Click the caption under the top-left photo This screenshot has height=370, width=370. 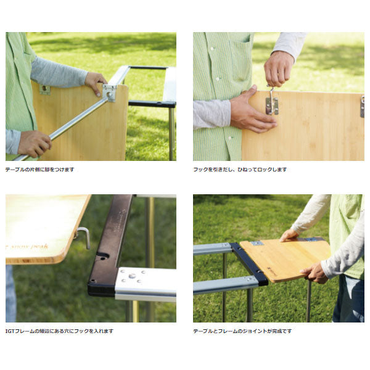[39, 170]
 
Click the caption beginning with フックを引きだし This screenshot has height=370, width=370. [240, 170]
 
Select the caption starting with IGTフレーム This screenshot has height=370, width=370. [59, 331]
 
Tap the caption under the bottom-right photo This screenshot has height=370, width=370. [242, 331]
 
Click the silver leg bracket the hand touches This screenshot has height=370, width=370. [110, 93]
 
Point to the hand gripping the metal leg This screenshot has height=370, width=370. [35, 144]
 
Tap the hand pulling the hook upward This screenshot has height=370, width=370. [279, 69]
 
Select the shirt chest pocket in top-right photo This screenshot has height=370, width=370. [239, 59]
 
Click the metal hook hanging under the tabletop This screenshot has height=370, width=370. [83, 237]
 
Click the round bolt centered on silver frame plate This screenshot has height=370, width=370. [132, 276]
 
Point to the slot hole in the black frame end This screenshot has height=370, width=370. [103, 256]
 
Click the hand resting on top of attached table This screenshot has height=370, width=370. [289, 235]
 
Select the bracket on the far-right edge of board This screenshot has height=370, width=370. [362, 106]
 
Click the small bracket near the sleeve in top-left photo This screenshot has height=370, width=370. [45, 89]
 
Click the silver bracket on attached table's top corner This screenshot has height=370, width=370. [257, 244]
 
